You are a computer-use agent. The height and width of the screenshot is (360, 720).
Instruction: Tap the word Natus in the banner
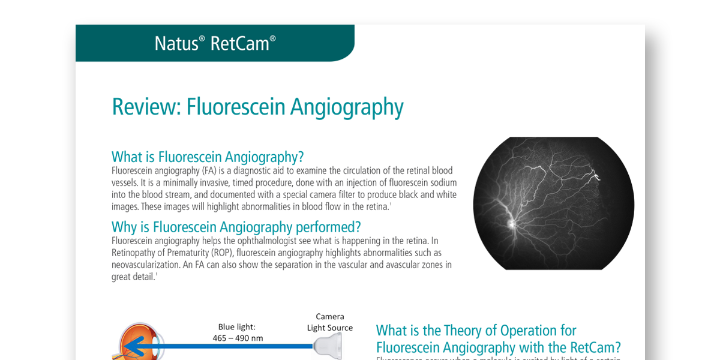click(x=176, y=43)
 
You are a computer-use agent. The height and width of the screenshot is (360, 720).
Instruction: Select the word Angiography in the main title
click(x=347, y=107)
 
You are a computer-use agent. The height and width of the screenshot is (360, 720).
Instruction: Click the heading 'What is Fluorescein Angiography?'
click(x=208, y=157)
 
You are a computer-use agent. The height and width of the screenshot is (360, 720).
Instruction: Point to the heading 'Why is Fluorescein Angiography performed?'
click(x=236, y=227)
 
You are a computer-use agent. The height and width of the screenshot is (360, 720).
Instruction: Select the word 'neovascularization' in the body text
click(x=151, y=265)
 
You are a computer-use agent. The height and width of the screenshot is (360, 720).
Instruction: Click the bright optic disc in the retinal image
click(x=511, y=224)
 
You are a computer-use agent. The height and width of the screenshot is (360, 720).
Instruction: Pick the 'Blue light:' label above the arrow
click(x=237, y=327)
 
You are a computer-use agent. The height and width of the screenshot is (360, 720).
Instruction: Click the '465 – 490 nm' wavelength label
click(x=238, y=338)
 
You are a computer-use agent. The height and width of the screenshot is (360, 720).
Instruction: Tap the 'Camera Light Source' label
click(x=329, y=322)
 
